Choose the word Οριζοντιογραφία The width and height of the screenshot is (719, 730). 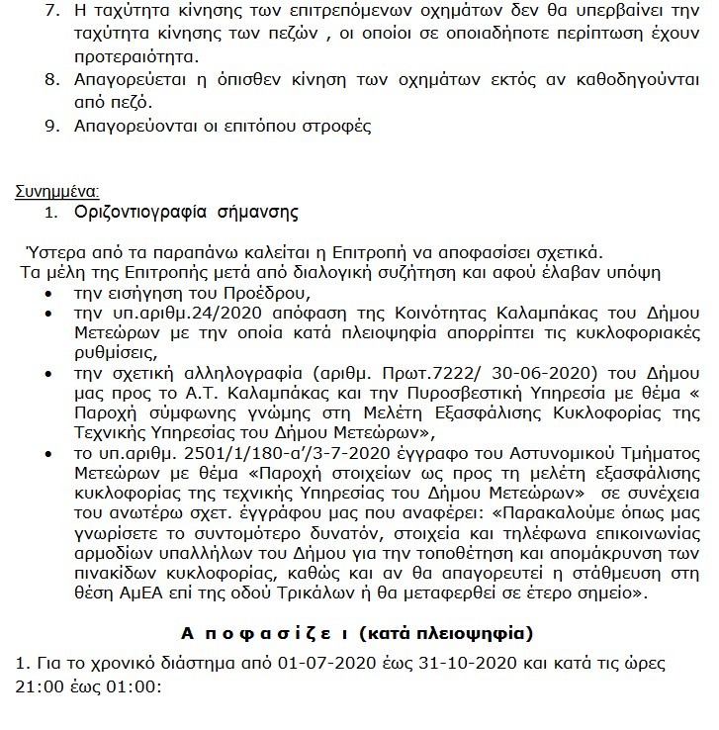[135, 212]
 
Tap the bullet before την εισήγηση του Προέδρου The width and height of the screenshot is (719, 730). [51, 295]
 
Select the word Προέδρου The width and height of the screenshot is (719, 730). [268, 294]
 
